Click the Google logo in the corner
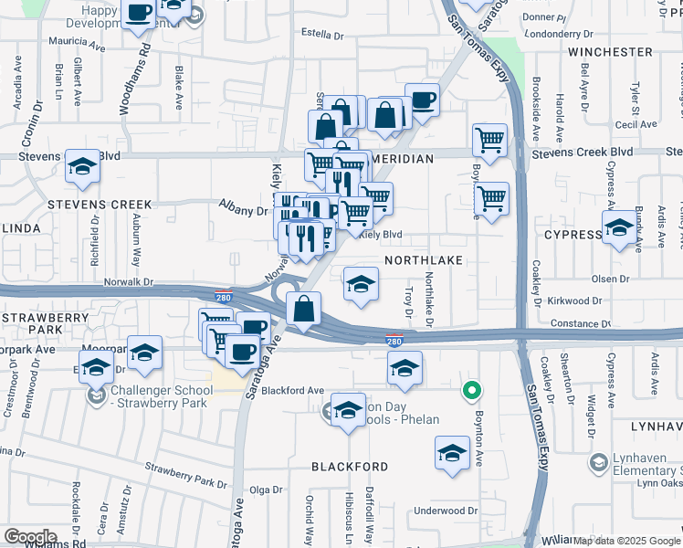click(x=29, y=537)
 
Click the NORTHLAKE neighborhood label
click(x=424, y=260)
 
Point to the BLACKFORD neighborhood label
click(x=350, y=467)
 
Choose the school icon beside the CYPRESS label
click(x=619, y=227)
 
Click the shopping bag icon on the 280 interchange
click(x=303, y=309)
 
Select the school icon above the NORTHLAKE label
click(x=361, y=283)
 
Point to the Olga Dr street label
click(x=267, y=490)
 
